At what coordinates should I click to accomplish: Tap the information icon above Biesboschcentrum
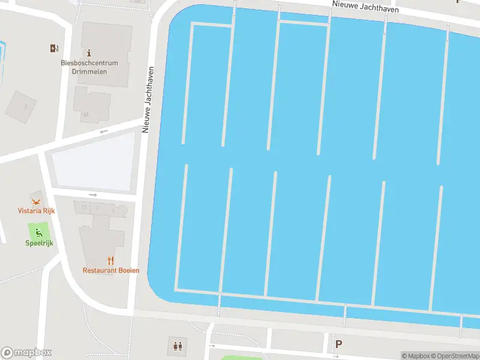[x=89, y=53]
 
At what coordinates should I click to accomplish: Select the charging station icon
[x=55, y=49]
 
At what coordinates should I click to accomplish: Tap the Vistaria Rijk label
[x=35, y=211]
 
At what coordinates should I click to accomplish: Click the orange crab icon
[x=35, y=200]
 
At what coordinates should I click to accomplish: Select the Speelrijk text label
[x=39, y=243]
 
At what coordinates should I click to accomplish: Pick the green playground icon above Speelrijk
[x=39, y=233]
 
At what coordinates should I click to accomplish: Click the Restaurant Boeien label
[x=111, y=271]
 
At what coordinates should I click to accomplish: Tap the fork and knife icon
[x=110, y=260]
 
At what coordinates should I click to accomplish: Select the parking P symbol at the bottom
[x=338, y=344]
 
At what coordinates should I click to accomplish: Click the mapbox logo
[x=26, y=353]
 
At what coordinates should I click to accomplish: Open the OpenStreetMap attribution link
[x=456, y=356]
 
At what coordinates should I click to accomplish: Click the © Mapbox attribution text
[x=416, y=356]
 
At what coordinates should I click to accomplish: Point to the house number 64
[x=86, y=113]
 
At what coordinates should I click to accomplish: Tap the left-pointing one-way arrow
[x=104, y=131]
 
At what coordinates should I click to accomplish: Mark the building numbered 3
[x=25, y=106]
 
